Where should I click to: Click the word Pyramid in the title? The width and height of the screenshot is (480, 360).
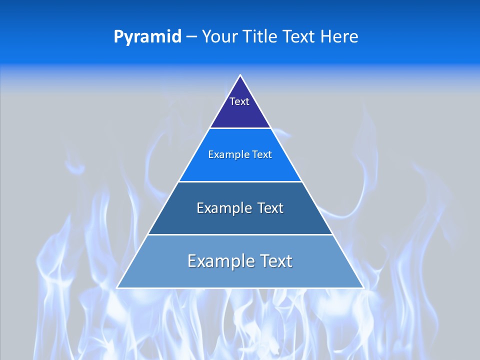147,37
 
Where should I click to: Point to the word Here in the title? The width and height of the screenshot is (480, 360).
339,36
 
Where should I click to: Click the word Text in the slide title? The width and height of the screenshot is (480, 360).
299,36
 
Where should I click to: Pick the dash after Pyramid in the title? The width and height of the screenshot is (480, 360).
191,37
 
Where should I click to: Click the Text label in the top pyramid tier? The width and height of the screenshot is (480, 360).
239,101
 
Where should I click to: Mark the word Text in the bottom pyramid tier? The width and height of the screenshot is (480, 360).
275,261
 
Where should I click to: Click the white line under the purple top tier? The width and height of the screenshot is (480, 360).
240,128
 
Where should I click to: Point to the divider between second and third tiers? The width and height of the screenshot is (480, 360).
240,181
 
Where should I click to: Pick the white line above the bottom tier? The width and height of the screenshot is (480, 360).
240,234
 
